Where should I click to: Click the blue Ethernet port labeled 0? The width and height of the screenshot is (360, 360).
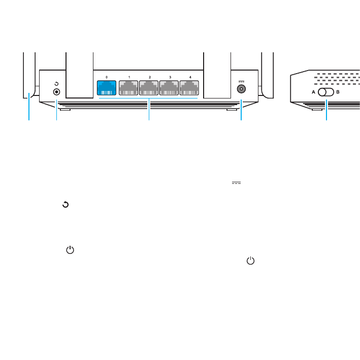click(x=107, y=88)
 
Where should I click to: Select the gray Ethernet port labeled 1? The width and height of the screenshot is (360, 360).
click(x=129, y=88)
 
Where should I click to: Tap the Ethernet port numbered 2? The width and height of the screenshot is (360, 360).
click(x=149, y=88)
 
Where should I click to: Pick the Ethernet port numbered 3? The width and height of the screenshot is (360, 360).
click(x=170, y=88)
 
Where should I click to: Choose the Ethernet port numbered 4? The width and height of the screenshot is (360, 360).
click(x=190, y=88)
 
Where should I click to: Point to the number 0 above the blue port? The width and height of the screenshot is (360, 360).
click(x=107, y=77)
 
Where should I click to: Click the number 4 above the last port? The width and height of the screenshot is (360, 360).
click(x=190, y=77)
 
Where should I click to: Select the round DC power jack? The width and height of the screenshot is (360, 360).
click(x=241, y=89)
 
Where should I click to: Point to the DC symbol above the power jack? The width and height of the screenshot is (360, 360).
click(x=241, y=80)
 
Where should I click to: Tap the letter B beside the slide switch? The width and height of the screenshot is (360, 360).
click(x=338, y=93)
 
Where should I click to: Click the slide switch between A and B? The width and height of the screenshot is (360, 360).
click(x=325, y=93)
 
